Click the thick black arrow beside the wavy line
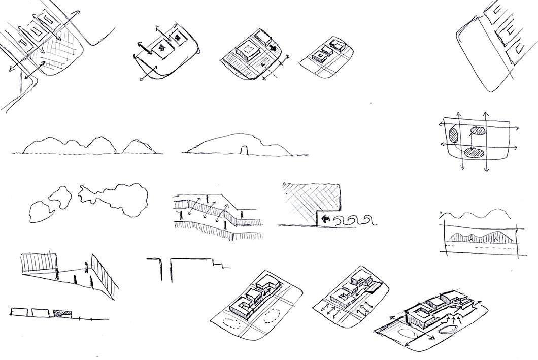coord(325,220)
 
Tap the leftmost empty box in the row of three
coord(19,312)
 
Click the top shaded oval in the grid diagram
coord(477,130)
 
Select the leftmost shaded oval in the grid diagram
coord(453,136)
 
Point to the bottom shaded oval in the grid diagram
coord(476,152)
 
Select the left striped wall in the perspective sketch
coord(40,264)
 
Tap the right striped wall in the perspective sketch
coord(104,274)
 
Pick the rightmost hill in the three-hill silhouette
coord(136,146)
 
